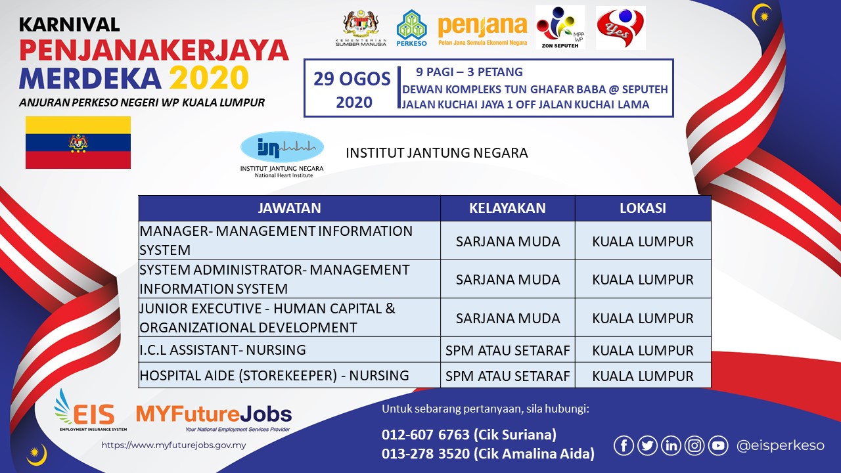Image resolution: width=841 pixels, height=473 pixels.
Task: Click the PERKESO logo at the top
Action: pos(411,28)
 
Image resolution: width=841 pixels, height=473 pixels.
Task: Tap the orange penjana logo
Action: pos(482,30)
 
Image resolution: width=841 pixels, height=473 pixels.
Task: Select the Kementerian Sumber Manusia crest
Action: pos(361,28)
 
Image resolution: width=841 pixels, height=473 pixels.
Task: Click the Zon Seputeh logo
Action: pos(560,28)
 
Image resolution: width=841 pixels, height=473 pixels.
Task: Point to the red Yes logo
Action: pos(621,28)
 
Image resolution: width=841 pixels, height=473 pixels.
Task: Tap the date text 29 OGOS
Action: pos(352,79)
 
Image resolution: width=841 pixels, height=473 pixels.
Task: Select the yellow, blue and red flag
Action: pos(78,143)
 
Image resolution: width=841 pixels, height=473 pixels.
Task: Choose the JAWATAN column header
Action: pos(289,208)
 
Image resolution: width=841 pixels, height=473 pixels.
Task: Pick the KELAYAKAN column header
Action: pos(507,208)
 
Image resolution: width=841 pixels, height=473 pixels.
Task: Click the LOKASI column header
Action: pos(643,208)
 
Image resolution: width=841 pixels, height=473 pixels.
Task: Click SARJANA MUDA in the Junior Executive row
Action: pos(508,319)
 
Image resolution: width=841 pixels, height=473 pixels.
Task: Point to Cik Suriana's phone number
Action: pos(426,435)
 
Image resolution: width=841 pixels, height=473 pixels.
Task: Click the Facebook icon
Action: pos(624,445)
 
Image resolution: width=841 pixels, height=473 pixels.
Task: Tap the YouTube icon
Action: pos(718,445)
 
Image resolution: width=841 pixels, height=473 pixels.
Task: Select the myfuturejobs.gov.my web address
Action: pos(173,445)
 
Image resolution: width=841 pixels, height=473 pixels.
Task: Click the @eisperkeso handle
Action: pos(780,445)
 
